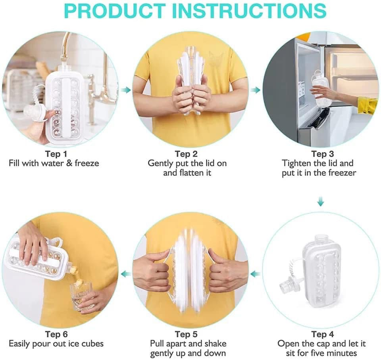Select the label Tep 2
(187, 153)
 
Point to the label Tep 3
(319, 153)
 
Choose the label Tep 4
(322, 334)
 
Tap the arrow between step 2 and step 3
(256, 90)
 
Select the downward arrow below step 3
(321, 203)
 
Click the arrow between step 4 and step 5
(256, 274)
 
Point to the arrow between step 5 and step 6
(126, 274)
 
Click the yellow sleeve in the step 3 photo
(368, 105)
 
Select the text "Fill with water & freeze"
(54, 163)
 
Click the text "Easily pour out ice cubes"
(56, 343)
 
